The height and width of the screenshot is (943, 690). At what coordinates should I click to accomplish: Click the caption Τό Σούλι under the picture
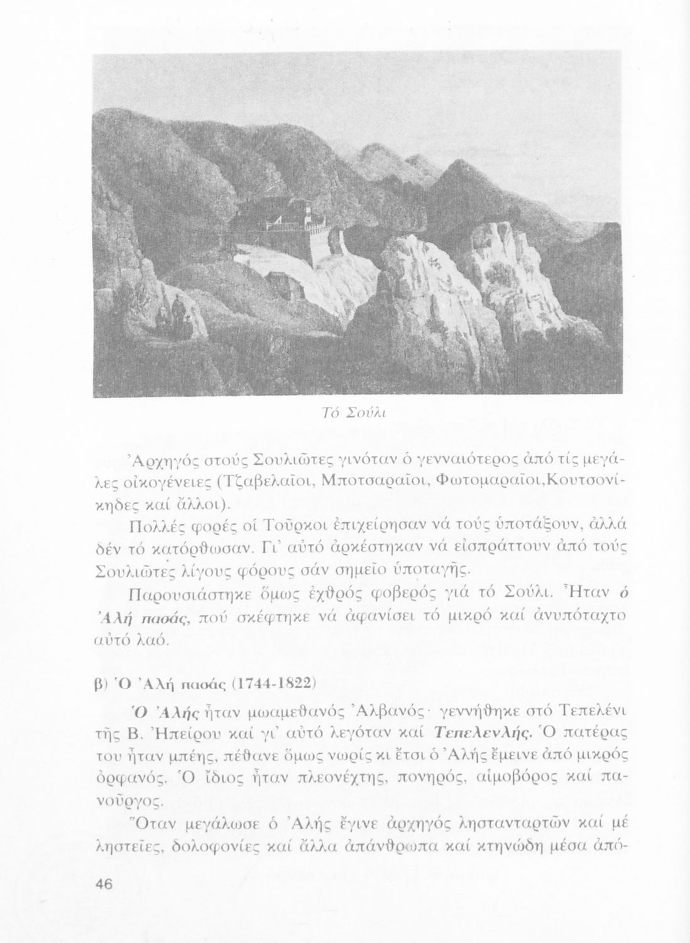[x=358, y=412]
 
